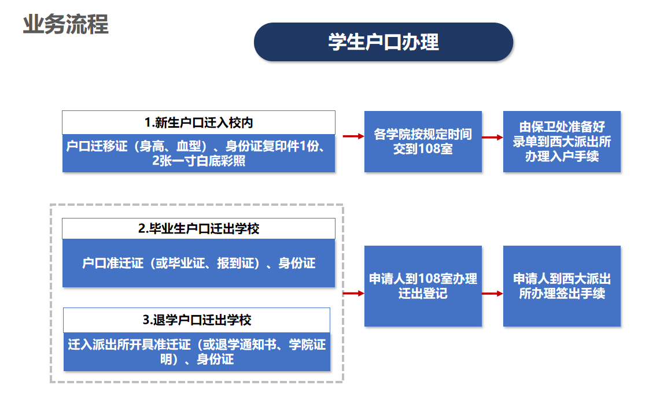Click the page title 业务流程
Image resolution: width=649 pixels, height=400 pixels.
65,25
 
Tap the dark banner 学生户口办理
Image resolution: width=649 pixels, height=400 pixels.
383,42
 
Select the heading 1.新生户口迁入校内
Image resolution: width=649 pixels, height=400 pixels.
198,123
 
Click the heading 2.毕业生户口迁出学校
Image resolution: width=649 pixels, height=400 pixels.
198,229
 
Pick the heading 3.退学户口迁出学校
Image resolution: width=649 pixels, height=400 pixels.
197,320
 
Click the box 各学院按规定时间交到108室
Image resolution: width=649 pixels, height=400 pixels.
423,142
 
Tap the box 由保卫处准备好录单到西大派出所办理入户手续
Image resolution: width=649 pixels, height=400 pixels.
562,142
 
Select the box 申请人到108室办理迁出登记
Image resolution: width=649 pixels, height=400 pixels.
423,286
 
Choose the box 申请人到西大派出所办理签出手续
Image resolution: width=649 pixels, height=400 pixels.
562,286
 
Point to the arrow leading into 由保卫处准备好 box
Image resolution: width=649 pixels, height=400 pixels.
492,137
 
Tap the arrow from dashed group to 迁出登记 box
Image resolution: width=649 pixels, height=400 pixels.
353,294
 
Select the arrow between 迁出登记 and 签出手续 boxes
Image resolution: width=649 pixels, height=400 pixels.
492,294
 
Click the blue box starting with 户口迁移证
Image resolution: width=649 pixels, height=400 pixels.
198,153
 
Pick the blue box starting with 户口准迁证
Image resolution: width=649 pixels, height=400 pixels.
198,264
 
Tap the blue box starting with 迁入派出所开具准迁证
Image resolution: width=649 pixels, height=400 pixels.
197,351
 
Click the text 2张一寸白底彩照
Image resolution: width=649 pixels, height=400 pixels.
198,161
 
